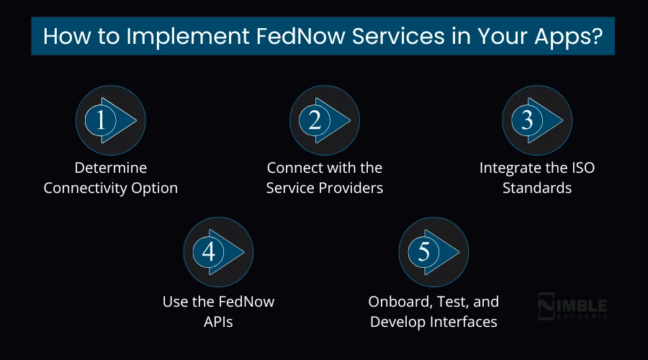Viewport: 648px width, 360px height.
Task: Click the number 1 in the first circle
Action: (x=101, y=121)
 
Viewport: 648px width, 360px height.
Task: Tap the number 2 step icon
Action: (x=315, y=121)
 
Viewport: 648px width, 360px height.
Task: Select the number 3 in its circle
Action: (x=527, y=121)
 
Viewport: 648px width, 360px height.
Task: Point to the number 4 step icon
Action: (x=209, y=252)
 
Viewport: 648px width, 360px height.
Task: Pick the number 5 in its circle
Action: (x=423, y=252)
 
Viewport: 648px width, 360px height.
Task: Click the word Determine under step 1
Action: (x=110, y=168)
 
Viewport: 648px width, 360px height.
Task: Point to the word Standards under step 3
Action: (x=537, y=189)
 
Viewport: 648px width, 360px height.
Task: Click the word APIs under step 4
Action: (x=218, y=321)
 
